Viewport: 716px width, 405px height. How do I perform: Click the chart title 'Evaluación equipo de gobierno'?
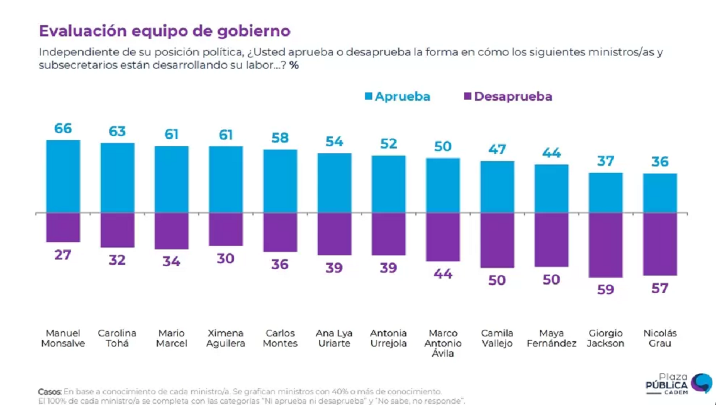point(165,31)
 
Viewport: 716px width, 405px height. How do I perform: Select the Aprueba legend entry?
point(397,96)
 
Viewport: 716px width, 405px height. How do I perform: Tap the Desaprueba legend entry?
point(508,96)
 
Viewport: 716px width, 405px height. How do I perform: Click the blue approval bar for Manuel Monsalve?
point(63,176)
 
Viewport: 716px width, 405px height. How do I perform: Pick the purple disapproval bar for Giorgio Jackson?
point(606,245)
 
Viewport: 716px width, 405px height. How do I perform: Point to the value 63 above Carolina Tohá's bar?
point(117,131)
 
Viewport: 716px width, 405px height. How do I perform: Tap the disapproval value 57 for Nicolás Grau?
point(660,288)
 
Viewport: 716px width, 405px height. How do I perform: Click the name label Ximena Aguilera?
point(226,338)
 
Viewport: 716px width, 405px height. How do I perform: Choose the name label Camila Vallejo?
point(497,338)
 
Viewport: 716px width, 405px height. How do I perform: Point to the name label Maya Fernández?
point(551,338)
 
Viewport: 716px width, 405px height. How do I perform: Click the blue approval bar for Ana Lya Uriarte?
point(334,183)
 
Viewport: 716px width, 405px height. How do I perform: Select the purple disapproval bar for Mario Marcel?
point(171,230)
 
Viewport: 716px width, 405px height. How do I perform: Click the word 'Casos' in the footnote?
point(50,391)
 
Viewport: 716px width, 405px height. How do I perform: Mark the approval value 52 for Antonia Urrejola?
point(388,144)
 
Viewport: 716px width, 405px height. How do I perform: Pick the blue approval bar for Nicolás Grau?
point(660,193)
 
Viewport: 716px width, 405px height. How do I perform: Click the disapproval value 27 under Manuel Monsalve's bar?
point(63,255)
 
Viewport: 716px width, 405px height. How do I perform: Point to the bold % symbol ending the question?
point(294,65)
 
